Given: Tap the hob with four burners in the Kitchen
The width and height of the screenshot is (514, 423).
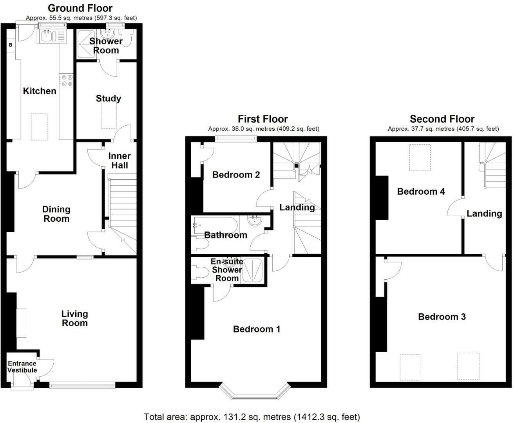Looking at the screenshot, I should [66, 80].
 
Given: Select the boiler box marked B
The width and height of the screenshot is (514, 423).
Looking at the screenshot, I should [11, 45].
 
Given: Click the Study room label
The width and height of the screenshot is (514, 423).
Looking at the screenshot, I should [108, 99].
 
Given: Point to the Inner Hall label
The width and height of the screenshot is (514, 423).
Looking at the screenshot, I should [119, 161].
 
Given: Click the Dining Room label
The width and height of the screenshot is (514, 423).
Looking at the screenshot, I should [56, 214].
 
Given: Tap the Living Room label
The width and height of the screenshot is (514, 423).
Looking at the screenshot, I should [74, 318].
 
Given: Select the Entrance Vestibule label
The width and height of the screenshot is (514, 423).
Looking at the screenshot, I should [22, 367].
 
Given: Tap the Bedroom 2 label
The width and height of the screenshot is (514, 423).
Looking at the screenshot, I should [236, 175].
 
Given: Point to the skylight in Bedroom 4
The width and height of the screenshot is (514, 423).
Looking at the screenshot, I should [420, 157].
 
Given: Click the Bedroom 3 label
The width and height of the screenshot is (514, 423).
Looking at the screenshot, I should [442, 317].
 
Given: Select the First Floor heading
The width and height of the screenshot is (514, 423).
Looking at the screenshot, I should [262, 119].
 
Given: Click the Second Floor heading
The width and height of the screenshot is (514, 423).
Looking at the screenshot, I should [442, 119].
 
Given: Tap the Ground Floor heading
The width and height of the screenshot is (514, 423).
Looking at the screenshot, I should [80, 8].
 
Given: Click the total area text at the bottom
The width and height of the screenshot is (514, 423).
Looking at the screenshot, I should [252, 417].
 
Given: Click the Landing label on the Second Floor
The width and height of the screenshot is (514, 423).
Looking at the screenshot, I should [484, 213].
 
